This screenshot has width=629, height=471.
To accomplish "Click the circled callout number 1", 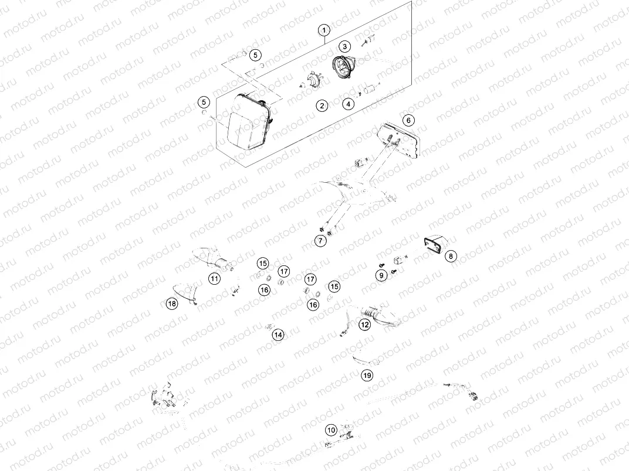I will pyautogui.click(x=324, y=29).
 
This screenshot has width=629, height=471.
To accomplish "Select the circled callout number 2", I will pyautogui.click(x=322, y=105).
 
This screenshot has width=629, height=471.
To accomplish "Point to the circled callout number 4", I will pyautogui.click(x=349, y=104).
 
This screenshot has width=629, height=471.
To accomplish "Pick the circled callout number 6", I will pyautogui.click(x=408, y=120).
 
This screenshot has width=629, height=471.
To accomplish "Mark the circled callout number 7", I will pyautogui.click(x=321, y=240).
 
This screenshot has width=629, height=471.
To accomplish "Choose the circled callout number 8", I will pyautogui.click(x=451, y=256).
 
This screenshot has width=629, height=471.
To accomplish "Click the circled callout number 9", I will pyautogui.click(x=381, y=274).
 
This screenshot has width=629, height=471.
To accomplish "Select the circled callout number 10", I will pyautogui.click(x=332, y=431).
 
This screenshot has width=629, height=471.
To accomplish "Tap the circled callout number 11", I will pyautogui.click(x=215, y=279).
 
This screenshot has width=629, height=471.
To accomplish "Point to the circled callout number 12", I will pyautogui.click(x=365, y=324).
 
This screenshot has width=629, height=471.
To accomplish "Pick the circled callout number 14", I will pyautogui.click(x=278, y=335).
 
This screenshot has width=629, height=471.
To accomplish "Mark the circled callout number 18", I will pyautogui.click(x=171, y=303).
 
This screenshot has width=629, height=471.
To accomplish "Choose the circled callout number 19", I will pyautogui.click(x=367, y=376).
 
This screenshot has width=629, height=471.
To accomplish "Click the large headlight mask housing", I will pyautogui.click(x=245, y=124).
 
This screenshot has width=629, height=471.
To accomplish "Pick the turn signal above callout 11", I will pyautogui.click(x=212, y=258).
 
